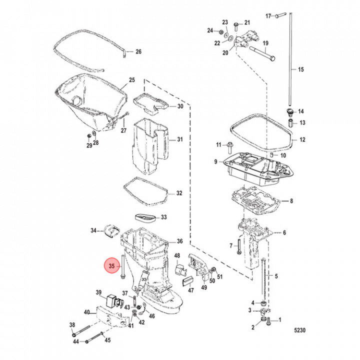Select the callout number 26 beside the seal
[x=138, y=51]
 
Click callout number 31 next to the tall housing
[x=179, y=139]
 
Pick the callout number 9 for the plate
[x=215, y=161]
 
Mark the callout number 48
[x=176, y=256]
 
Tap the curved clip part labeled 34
[x=111, y=230]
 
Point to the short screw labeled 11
[x=230, y=146]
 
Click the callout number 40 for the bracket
[x=86, y=312]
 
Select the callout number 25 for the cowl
[x=132, y=80]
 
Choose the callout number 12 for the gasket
[x=301, y=139]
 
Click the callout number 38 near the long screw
[x=72, y=324]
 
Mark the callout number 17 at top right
[x=268, y=15]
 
